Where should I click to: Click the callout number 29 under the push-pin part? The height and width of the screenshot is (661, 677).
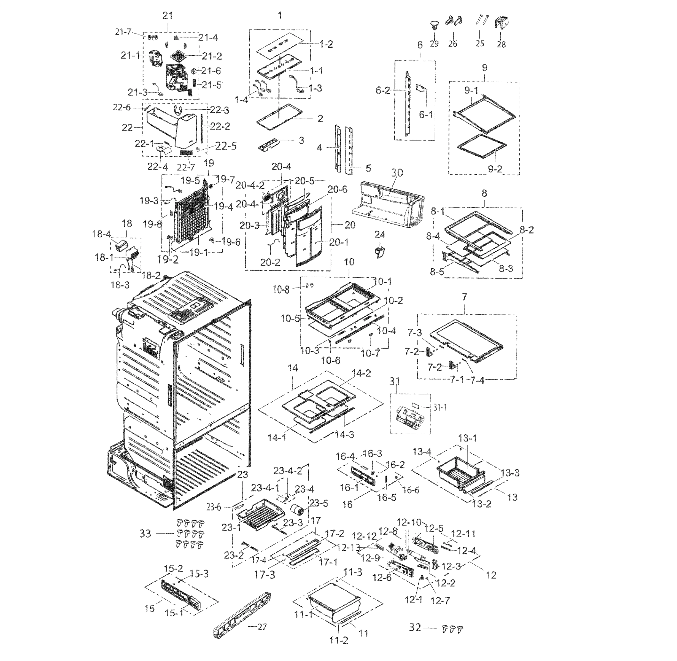434,44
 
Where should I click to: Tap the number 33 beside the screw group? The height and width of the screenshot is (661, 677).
145,533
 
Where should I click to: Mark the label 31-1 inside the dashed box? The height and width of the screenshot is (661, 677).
440,407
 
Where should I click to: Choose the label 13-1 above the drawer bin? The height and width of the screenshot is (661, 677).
467,438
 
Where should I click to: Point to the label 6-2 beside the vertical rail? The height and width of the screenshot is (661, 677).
383,91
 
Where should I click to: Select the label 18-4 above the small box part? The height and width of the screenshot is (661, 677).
101,234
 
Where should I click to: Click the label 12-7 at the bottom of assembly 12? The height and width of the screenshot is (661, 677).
440,601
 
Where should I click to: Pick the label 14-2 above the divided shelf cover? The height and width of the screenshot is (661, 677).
361,373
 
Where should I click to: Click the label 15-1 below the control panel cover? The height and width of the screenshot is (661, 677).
174,613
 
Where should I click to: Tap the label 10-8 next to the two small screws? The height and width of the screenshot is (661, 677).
281,289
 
